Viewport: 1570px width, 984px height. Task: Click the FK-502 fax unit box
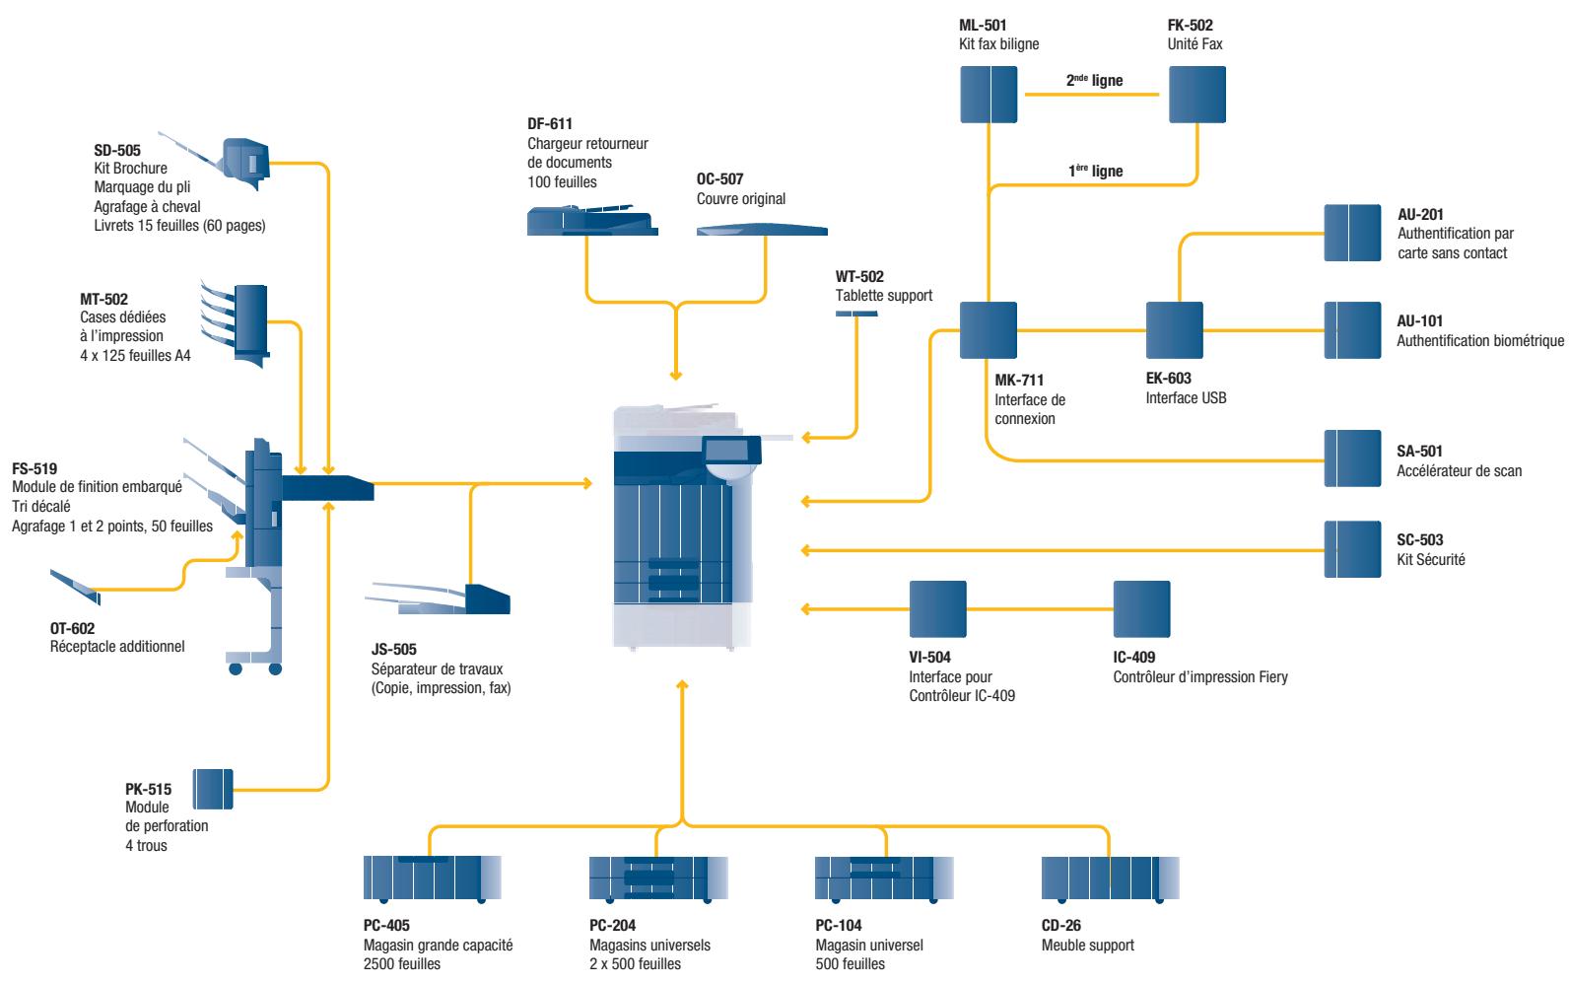point(1197,95)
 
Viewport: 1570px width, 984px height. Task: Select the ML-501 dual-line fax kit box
point(989,95)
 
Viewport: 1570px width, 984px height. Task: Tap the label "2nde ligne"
point(1094,80)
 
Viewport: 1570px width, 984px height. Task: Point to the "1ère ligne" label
point(1096,171)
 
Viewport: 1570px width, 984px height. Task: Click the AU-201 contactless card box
point(1352,233)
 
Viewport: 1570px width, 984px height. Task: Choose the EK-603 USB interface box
point(1175,330)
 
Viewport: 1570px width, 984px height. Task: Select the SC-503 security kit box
point(1352,549)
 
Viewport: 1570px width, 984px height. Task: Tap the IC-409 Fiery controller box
point(1141,608)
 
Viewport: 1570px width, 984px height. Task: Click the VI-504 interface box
point(938,608)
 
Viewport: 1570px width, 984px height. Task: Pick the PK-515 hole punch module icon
point(212,789)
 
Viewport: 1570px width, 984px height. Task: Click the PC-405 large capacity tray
point(433,879)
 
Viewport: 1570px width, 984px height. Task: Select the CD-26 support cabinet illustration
point(1110,879)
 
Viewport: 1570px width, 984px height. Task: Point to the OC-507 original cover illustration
point(762,230)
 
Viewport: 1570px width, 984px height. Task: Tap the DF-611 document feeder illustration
point(592,220)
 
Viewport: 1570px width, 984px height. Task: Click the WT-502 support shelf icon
point(856,314)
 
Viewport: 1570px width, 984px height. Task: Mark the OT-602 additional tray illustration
point(76,587)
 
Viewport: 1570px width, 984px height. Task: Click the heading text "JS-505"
point(394,650)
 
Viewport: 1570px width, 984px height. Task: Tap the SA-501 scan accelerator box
point(1352,458)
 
